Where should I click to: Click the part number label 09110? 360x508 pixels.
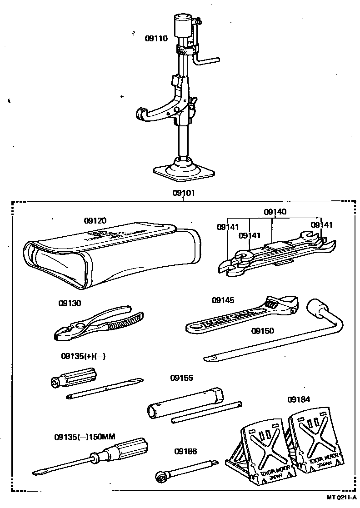coord(156,39)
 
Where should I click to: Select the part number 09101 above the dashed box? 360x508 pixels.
coord(183,193)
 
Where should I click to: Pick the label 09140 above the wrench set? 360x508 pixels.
coord(275,212)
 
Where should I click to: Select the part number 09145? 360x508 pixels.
coord(223,300)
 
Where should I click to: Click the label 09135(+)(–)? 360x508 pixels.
coord(83,356)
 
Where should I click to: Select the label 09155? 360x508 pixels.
coord(182,378)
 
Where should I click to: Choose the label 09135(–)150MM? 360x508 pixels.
coord(85,437)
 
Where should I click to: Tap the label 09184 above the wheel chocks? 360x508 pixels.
coord(299,399)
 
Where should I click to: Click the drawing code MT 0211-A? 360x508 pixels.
coord(341,498)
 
